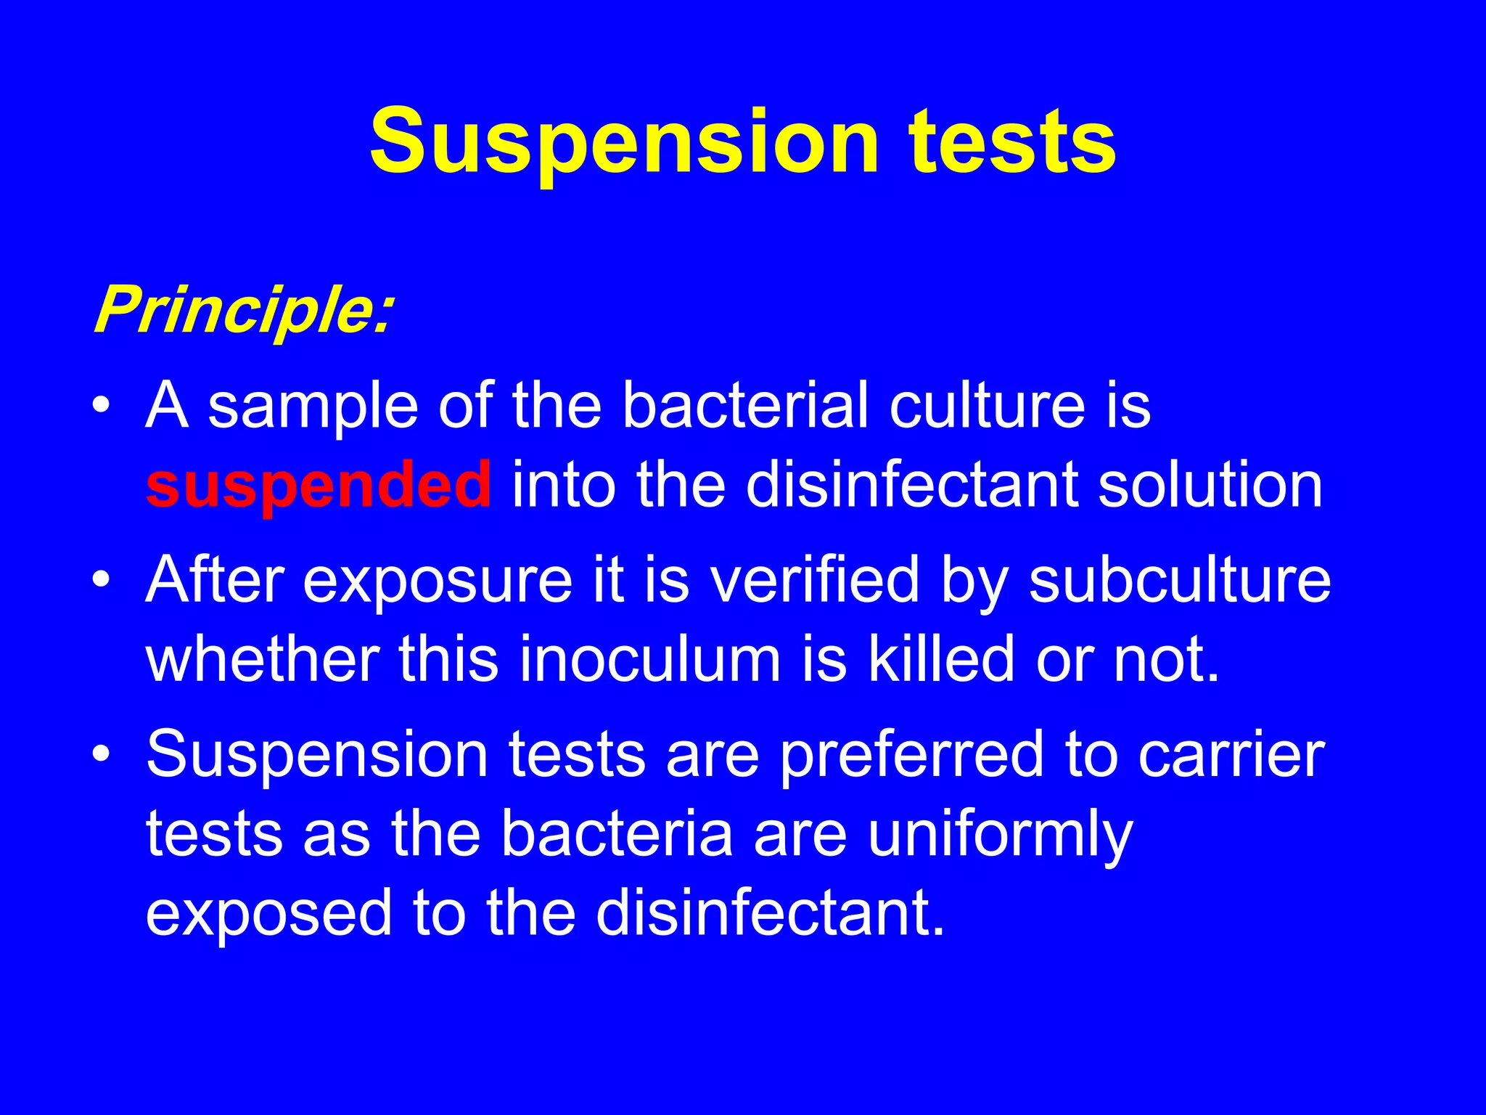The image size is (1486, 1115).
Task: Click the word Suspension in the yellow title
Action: (x=624, y=142)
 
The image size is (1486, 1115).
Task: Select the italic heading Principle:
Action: (x=243, y=311)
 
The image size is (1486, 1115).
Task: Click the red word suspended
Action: (x=319, y=485)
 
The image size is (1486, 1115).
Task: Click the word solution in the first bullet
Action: (x=1210, y=485)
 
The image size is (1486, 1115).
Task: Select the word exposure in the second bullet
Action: (x=438, y=581)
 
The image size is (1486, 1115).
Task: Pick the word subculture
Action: (x=1180, y=581)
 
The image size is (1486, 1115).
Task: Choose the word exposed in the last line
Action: (x=269, y=913)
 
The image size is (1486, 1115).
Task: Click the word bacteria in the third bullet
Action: (x=617, y=835)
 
